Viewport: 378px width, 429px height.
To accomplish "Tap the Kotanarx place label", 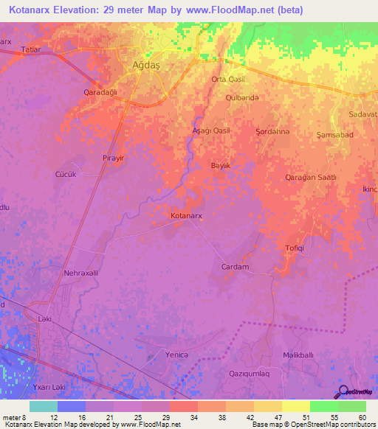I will pos(187,216).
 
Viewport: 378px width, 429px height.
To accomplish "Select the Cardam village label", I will pos(235,267).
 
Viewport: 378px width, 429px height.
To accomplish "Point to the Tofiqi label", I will pos(295,248).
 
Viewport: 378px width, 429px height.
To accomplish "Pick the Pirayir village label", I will pos(114,158).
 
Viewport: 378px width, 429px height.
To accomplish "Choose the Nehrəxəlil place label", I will pos(81,273).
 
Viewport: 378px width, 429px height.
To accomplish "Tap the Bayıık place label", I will pos(221,167).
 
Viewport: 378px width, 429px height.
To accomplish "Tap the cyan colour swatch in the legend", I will pos(44,406).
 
